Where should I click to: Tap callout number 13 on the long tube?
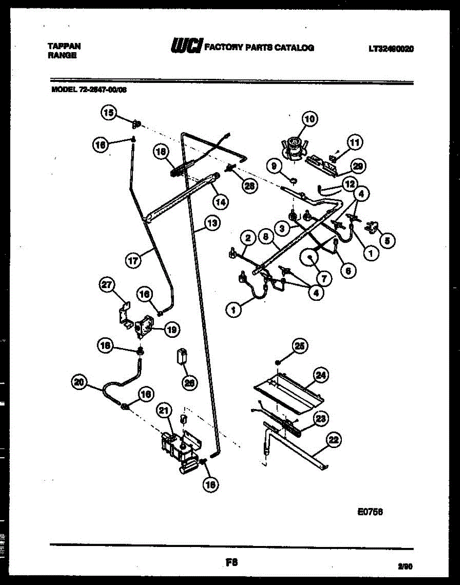tap(211, 224)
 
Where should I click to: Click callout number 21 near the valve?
tap(164, 411)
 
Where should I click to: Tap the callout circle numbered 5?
tap(388, 240)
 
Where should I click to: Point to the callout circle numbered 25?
tap(299, 346)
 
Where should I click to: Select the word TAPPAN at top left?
tap(64, 46)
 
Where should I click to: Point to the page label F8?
tap(231, 562)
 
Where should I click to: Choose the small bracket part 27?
tap(124, 315)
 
